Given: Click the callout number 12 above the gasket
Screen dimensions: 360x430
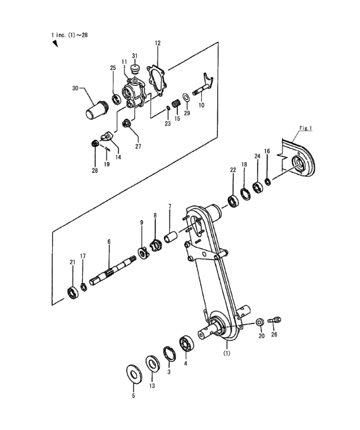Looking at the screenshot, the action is pos(157,43).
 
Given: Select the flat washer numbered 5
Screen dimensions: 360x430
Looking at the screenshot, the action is pos(134,373).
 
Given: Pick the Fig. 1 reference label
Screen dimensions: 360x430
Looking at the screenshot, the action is pos(306,128).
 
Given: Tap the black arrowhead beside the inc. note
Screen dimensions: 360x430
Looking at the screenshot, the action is pos(55,44).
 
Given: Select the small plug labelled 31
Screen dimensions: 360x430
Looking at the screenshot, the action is pos(134,69).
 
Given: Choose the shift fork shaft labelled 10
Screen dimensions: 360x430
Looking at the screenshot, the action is pos(204,86).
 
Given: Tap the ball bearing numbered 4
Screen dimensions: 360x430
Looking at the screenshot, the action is pos(187,343).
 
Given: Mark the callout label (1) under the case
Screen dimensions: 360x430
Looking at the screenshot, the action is pos(227,354).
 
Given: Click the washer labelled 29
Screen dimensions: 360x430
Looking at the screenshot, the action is pos(186,98).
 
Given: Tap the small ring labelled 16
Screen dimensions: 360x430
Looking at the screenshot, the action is pos(268,182).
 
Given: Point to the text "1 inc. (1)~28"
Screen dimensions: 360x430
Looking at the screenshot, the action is pos(69,35).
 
